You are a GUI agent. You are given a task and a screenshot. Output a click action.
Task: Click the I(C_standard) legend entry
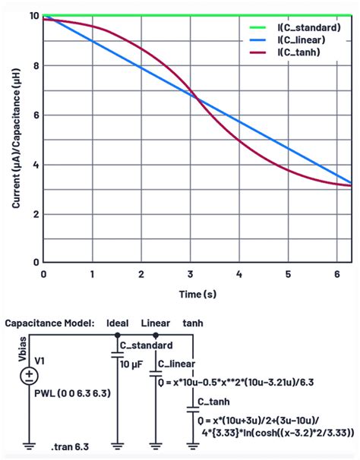(304, 28)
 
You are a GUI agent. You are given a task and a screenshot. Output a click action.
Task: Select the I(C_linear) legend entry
(298, 39)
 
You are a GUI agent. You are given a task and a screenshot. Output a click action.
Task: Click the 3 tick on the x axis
(191, 273)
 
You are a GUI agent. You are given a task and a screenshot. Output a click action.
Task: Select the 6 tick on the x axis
(336, 273)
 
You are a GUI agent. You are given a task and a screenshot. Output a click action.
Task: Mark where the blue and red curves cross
(194, 95)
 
